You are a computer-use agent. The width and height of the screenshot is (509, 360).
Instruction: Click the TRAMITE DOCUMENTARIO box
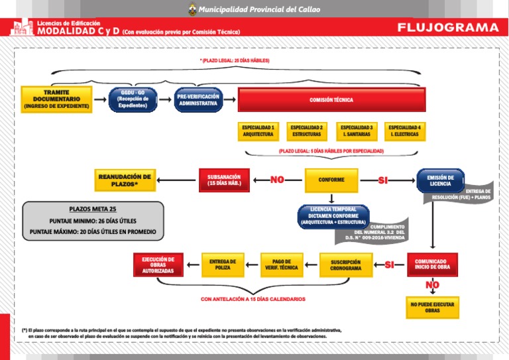click(56, 99)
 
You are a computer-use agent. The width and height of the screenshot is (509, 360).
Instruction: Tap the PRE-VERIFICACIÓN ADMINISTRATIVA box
click(198, 99)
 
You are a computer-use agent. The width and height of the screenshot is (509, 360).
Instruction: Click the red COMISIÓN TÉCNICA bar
click(331, 100)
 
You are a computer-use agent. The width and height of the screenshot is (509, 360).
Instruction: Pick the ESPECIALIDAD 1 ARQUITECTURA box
click(258, 131)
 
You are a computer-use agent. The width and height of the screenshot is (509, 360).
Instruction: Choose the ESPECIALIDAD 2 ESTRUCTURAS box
click(307, 131)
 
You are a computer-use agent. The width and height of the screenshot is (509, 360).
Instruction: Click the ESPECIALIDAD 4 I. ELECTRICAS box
click(404, 131)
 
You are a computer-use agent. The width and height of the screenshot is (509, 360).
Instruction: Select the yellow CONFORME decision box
click(331, 180)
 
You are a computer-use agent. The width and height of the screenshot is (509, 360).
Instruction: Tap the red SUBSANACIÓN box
click(224, 180)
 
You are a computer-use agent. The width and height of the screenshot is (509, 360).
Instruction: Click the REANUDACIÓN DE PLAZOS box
click(125, 180)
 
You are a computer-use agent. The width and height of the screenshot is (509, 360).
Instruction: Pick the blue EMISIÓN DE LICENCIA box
click(440, 180)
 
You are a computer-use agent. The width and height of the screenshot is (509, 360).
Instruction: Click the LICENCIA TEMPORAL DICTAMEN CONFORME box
click(333, 215)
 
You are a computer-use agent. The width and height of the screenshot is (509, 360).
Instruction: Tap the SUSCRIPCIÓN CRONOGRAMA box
click(346, 265)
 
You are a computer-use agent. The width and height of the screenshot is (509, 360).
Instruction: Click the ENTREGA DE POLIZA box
click(223, 265)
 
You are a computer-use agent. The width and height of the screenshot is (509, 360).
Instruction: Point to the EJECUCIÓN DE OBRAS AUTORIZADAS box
click(158, 265)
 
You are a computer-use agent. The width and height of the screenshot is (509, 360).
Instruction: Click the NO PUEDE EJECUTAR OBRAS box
click(432, 307)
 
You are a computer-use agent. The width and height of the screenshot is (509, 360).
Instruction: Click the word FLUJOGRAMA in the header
click(448, 27)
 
